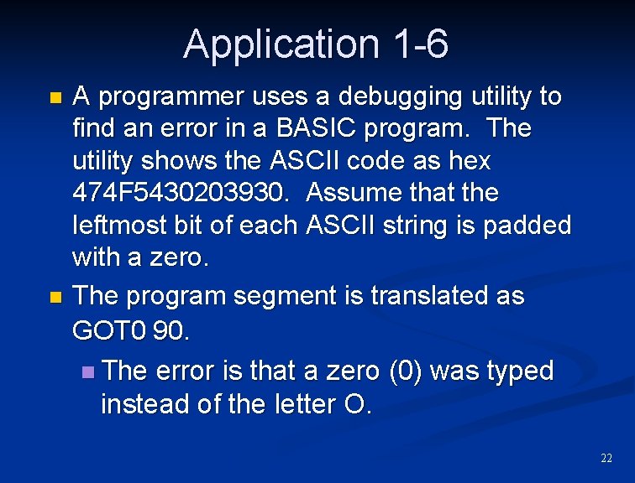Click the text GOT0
[x=109, y=330]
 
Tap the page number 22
[x=606, y=458]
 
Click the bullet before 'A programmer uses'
[x=55, y=98]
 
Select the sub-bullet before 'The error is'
[x=90, y=371]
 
